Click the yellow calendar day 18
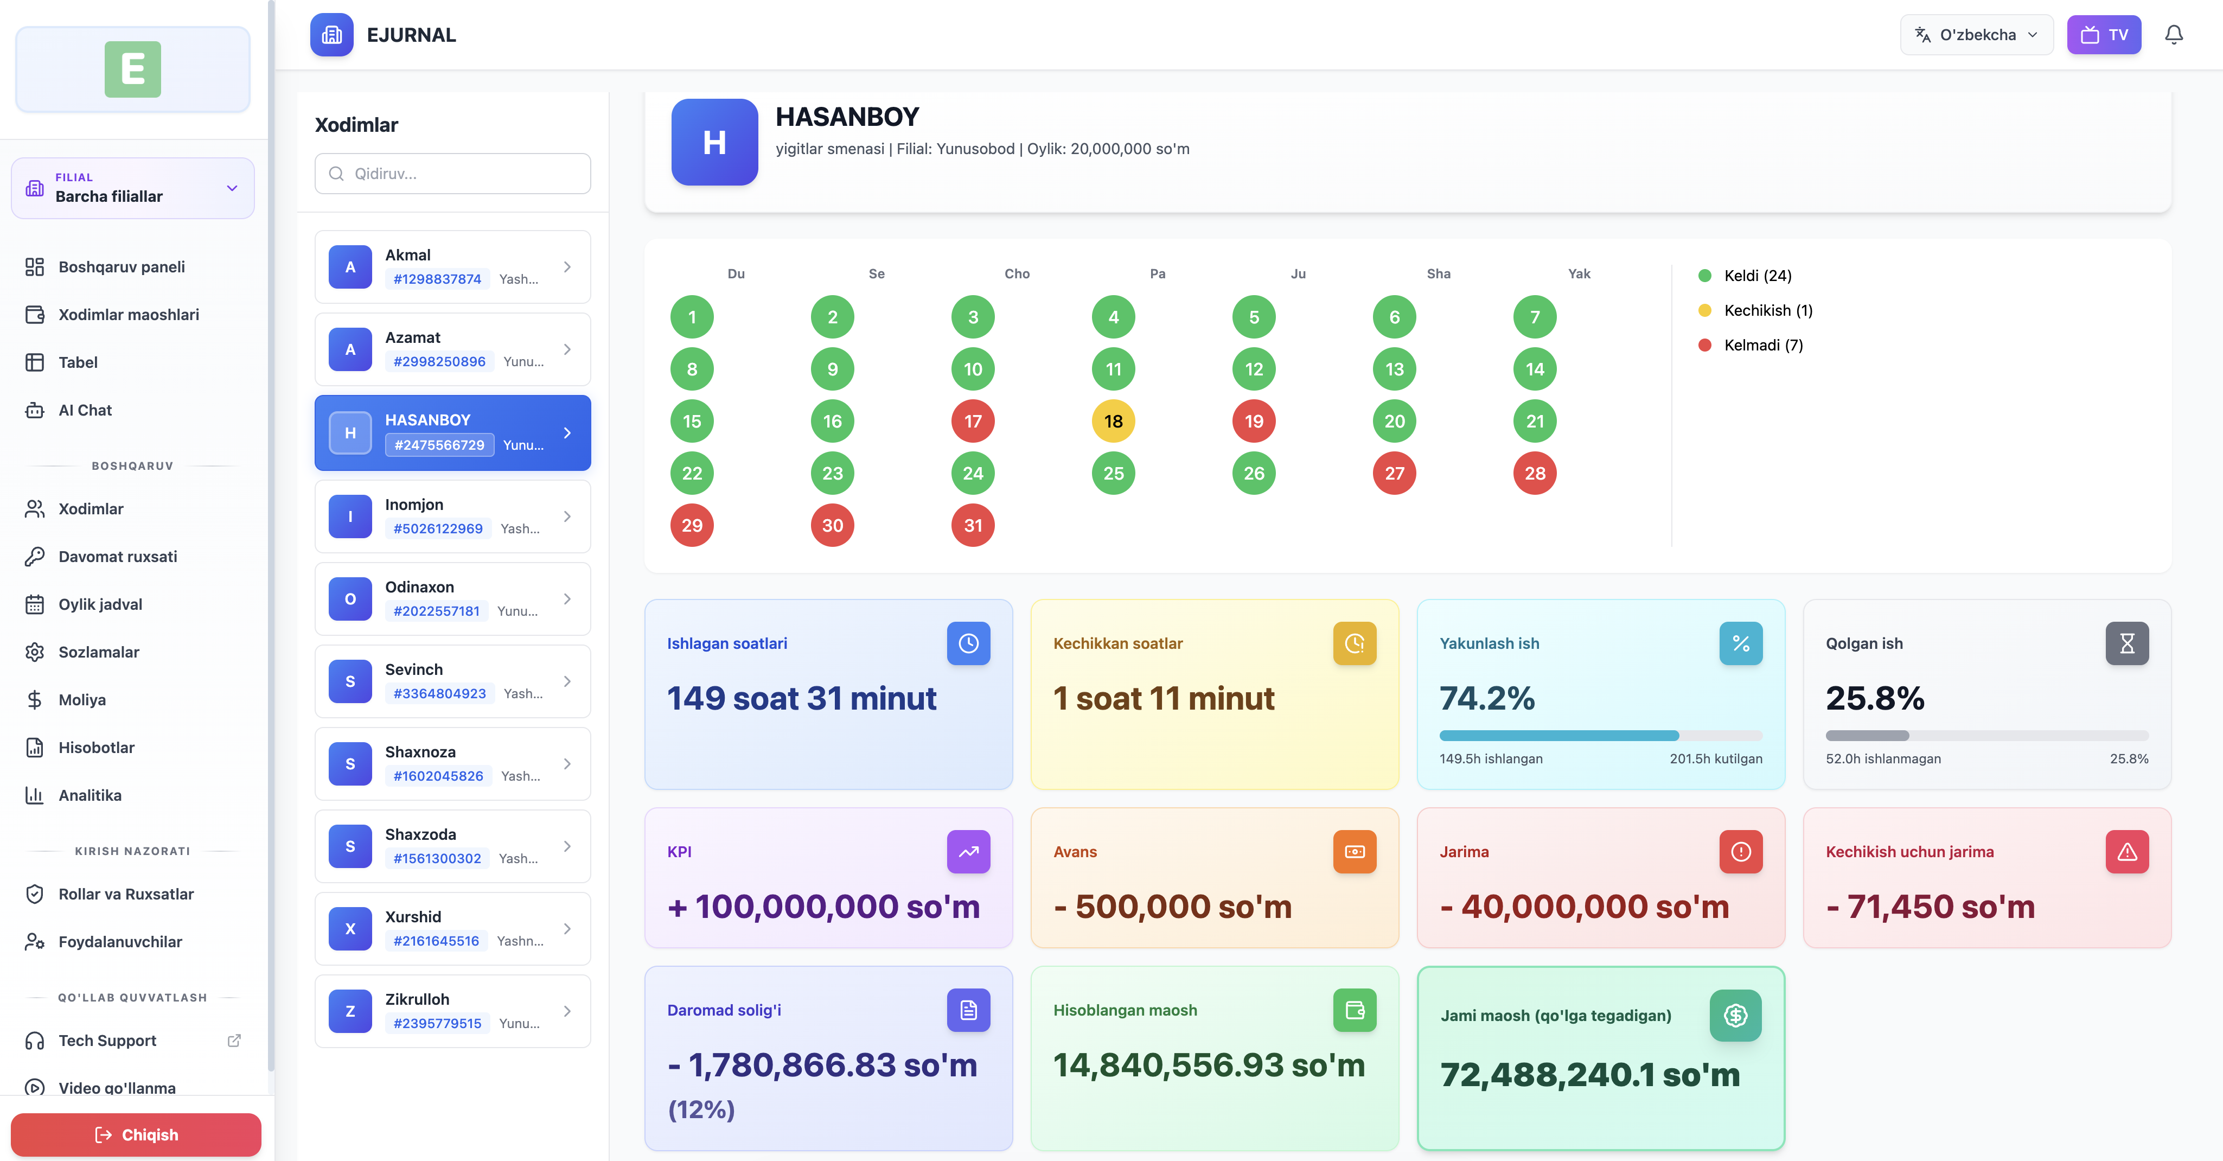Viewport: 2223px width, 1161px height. click(x=1113, y=421)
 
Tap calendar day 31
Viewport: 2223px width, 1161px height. click(x=973, y=525)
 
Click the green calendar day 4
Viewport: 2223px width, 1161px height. click(x=1113, y=317)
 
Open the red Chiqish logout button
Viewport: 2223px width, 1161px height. click(x=136, y=1134)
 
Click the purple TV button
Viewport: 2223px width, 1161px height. click(x=2103, y=35)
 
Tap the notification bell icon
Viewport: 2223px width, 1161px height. click(x=2173, y=35)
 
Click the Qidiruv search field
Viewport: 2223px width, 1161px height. click(x=452, y=174)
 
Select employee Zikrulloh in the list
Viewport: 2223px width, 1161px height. click(x=452, y=1011)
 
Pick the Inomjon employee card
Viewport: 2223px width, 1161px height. click(x=452, y=516)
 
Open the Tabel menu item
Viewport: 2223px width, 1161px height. click(x=78, y=362)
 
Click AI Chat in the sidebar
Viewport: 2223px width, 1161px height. click(x=85, y=410)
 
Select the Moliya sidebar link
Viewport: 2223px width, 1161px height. click(x=82, y=700)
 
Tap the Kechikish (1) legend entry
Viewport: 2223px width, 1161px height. click(x=1767, y=310)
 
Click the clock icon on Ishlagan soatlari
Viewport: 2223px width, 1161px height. click(x=968, y=643)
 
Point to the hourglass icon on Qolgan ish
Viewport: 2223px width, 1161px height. click(x=2126, y=643)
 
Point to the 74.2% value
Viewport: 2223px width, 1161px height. click(x=1487, y=698)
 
